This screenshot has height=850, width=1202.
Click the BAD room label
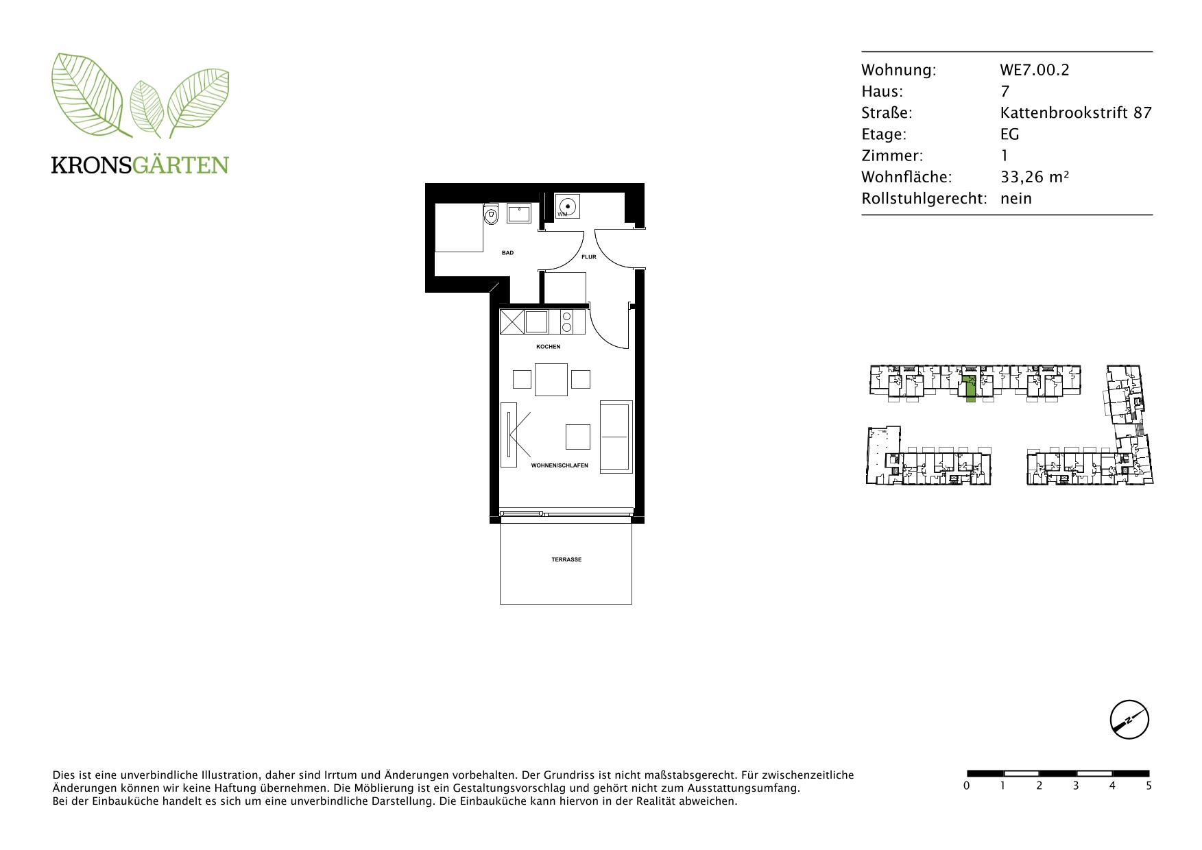[507, 253]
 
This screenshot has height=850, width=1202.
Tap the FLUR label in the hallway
[589, 257]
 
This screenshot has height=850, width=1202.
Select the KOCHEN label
[549, 347]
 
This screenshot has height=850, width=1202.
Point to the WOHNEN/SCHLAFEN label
[560, 465]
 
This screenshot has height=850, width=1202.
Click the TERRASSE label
[566, 560]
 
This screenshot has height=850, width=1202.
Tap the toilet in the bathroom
[491, 215]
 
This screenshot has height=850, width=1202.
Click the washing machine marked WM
[568, 206]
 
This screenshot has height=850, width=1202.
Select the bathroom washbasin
[519, 213]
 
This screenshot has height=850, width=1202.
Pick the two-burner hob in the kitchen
[567, 321]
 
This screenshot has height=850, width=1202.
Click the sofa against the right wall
[616, 437]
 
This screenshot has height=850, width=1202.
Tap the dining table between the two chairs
[551, 380]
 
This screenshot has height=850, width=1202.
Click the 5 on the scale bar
[1149, 786]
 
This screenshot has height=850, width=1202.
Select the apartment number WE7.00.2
[1034, 70]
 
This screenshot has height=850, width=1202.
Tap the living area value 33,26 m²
[1035, 177]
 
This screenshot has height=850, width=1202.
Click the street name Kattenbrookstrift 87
[1076, 112]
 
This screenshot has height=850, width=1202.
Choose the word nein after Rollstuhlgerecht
[1016, 199]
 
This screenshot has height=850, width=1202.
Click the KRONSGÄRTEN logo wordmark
[140, 165]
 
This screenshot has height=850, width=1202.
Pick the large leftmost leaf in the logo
[87, 94]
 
